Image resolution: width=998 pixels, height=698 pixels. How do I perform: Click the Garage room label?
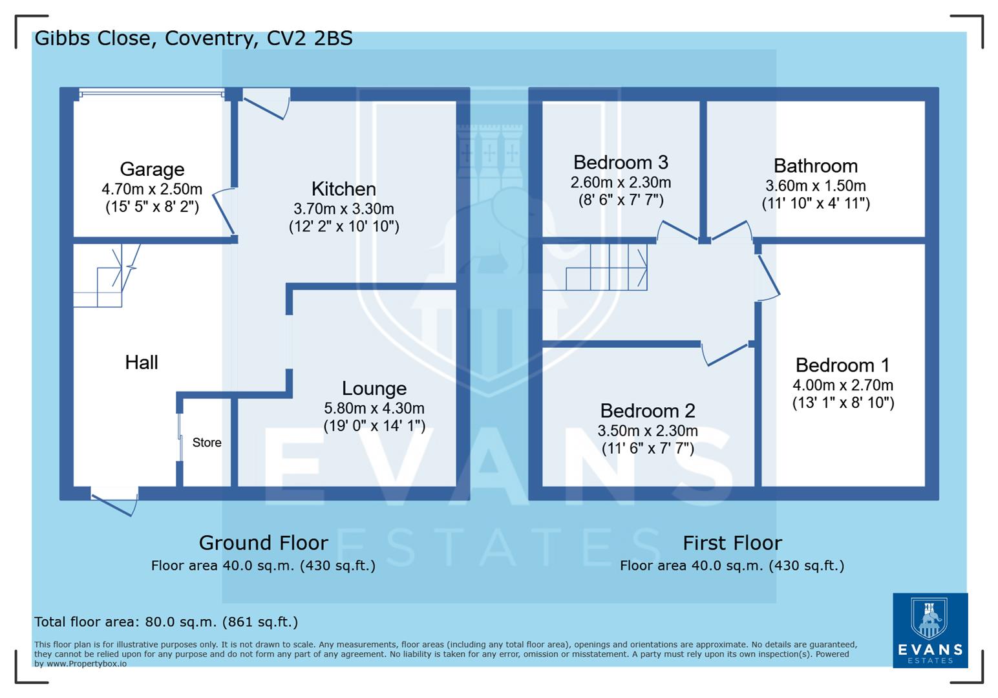pyautogui.click(x=152, y=169)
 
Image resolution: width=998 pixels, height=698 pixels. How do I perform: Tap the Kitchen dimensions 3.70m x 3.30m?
pyautogui.click(x=343, y=209)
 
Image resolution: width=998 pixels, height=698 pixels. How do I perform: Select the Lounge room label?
pyautogui.click(x=374, y=388)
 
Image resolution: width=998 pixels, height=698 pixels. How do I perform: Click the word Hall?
pyautogui.click(x=141, y=363)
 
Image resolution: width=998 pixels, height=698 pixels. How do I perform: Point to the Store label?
pyautogui.click(x=207, y=443)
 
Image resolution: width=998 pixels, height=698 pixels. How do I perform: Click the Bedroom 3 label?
pyautogui.click(x=620, y=162)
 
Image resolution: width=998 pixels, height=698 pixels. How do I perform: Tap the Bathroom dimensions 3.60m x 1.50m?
pyautogui.click(x=815, y=186)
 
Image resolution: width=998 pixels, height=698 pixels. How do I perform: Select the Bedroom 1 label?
pyautogui.click(x=842, y=365)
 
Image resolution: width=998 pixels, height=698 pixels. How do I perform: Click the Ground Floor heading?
pyautogui.click(x=263, y=542)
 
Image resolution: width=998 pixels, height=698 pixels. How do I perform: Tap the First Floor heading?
pyautogui.click(x=732, y=542)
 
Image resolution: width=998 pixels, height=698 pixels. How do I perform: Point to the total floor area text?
pyautogui.click(x=166, y=622)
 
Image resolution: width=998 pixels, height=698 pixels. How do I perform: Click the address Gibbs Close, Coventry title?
pyautogui.click(x=193, y=38)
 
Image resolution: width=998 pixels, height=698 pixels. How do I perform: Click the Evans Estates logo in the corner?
pyautogui.click(x=929, y=630)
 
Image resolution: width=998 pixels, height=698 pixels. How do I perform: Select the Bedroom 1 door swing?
pyautogui.click(x=767, y=277)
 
